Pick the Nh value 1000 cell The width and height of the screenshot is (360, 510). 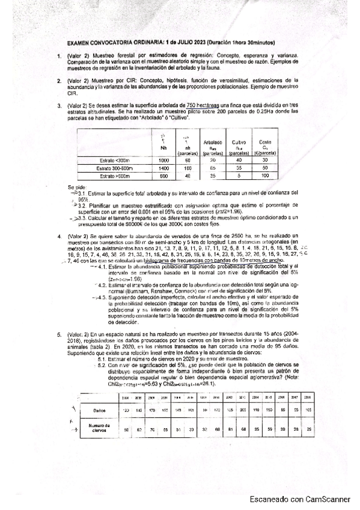tap(163, 161)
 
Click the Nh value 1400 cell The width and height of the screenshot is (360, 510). tap(163, 168)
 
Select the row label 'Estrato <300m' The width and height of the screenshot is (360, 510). tap(114, 161)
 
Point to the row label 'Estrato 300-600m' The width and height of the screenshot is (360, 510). tap(114, 168)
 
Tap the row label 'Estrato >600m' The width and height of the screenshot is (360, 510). tap(114, 176)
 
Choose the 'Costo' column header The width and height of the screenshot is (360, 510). tap(265, 143)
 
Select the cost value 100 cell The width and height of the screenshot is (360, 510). tap(265, 176)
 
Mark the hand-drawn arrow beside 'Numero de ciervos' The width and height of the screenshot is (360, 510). tap(75, 429)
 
